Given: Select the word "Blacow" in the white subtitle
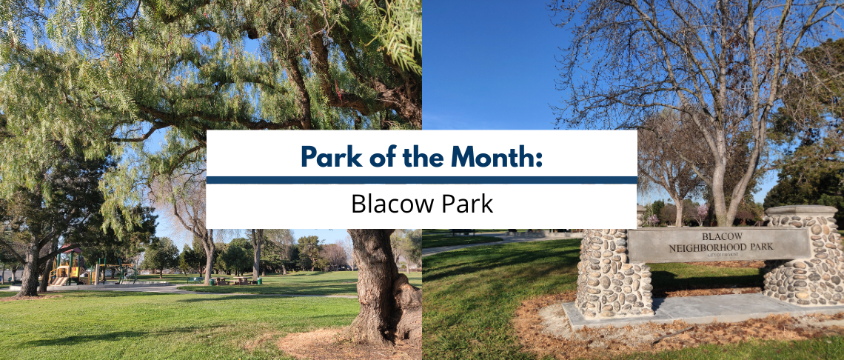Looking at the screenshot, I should (x=392, y=204).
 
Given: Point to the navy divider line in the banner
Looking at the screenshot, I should (x=421, y=180).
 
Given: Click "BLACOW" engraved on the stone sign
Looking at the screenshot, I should (x=716, y=236).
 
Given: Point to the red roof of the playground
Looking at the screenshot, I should (x=70, y=249).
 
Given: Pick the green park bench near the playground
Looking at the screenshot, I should (x=195, y=279).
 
